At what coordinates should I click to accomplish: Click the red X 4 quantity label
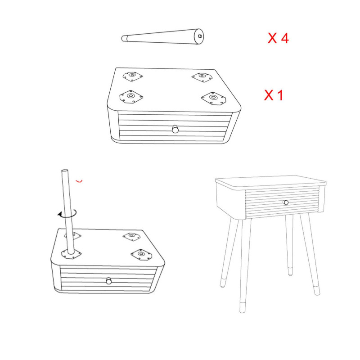point(278,38)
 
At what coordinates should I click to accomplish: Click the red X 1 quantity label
point(274,95)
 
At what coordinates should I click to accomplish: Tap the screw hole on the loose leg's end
point(200,36)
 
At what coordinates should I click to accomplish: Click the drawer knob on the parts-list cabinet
point(175,129)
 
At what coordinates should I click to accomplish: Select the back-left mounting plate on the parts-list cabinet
point(132,76)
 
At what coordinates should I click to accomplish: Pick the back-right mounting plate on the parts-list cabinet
point(202,77)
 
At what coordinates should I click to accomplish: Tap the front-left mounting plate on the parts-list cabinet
point(131,96)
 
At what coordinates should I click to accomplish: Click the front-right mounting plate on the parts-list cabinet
point(214,98)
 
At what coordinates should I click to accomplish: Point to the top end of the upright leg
point(65,171)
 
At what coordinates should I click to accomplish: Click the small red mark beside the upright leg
point(79,181)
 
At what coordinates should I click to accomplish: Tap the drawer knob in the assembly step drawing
point(109,281)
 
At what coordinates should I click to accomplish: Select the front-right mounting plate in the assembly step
point(142,254)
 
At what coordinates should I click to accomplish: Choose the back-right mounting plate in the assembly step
point(131,237)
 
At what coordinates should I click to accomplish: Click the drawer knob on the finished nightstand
point(286,202)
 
